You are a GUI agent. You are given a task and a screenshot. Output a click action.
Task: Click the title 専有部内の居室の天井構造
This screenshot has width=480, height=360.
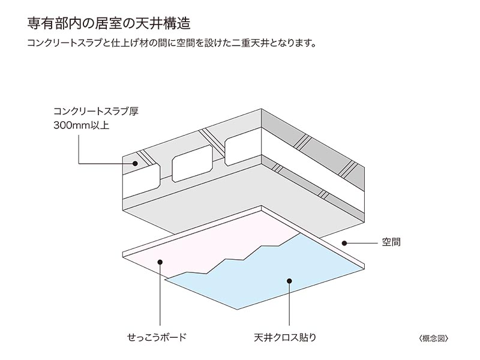tap(109, 25)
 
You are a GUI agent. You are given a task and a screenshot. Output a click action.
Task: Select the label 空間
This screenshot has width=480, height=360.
tap(391, 243)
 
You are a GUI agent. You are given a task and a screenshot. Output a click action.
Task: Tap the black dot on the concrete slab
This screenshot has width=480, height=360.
tap(136, 163)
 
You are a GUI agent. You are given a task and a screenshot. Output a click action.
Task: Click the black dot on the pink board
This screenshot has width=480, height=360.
tap(160, 261)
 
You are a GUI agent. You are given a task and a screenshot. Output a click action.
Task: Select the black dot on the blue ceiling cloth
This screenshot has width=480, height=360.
tap(289, 280)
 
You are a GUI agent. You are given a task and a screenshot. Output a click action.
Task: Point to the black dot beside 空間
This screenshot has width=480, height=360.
tap(344, 243)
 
